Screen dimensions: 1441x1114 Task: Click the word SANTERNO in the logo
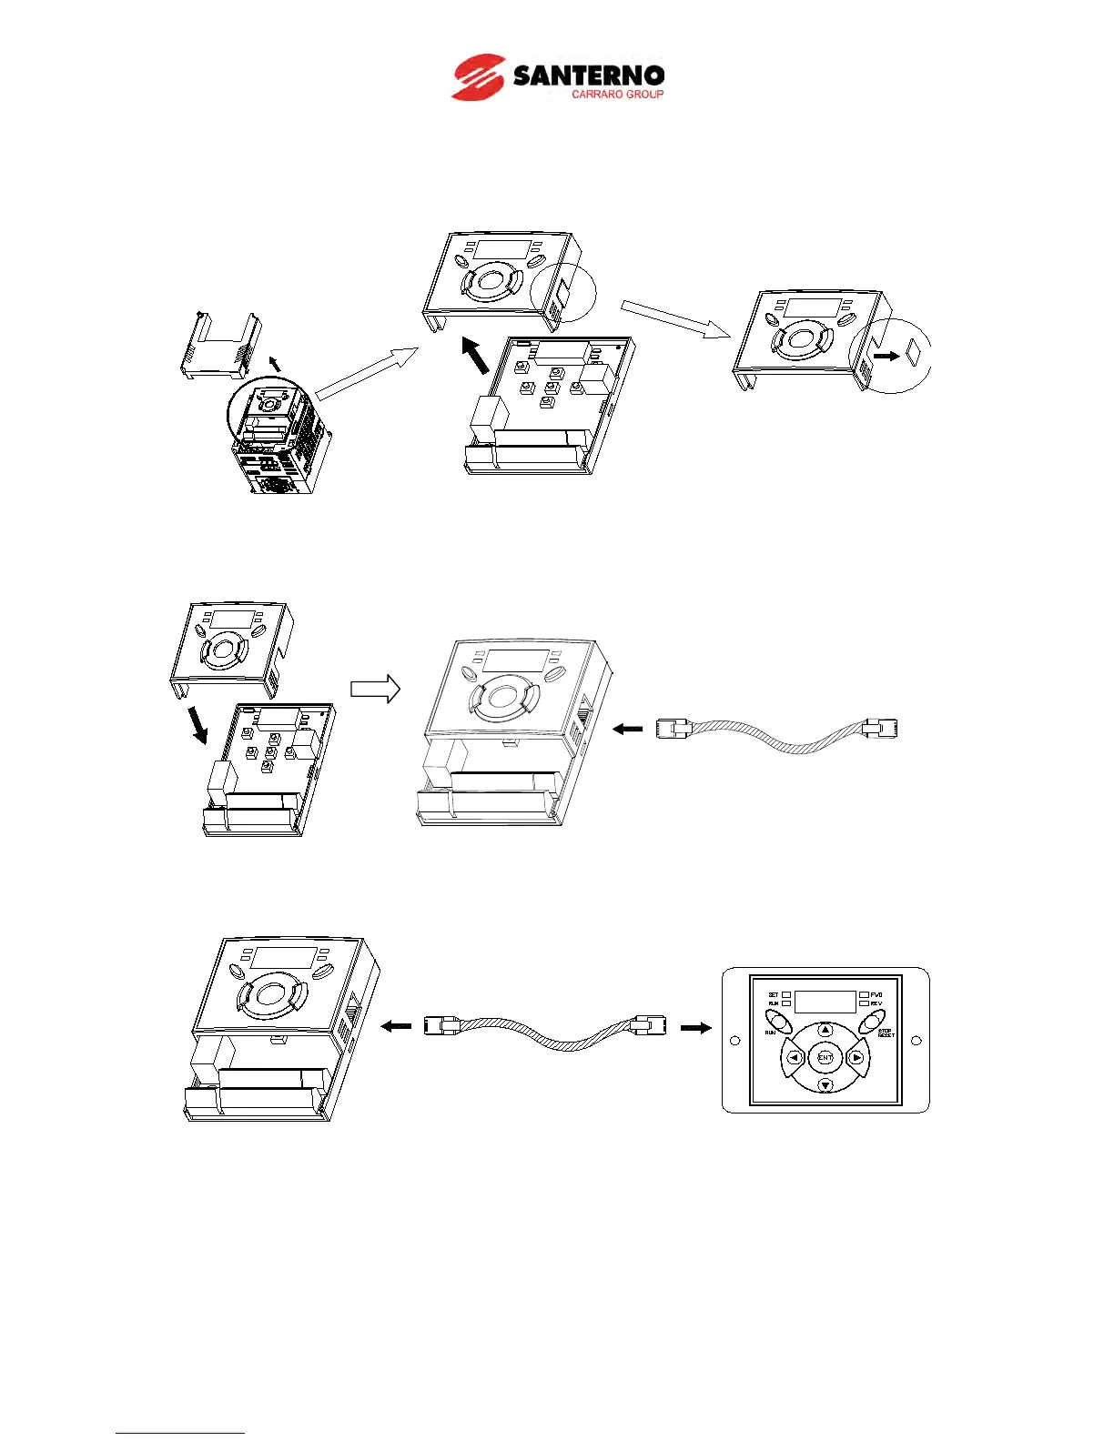point(588,75)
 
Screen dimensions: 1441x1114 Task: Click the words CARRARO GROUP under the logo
point(617,95)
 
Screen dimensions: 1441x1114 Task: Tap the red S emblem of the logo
point(479,77)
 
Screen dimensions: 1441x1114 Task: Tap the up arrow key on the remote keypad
point(825,1030)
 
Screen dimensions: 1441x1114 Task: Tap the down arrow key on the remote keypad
point(825,1086)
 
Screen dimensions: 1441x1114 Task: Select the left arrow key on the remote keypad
point(794,1058)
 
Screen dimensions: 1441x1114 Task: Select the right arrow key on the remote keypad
point(856,1058)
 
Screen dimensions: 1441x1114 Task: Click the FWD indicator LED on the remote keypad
point(863,995)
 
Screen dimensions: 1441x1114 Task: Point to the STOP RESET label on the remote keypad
point(886,1033)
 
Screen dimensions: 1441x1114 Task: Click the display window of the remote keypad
point(825,1002)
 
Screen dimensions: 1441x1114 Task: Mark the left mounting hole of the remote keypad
point(734,1041)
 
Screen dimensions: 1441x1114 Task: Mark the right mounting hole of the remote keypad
point(917,1041)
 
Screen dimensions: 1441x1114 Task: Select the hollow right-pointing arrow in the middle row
point(375,688)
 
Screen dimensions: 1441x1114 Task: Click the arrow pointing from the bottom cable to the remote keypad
point(696,1027)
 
